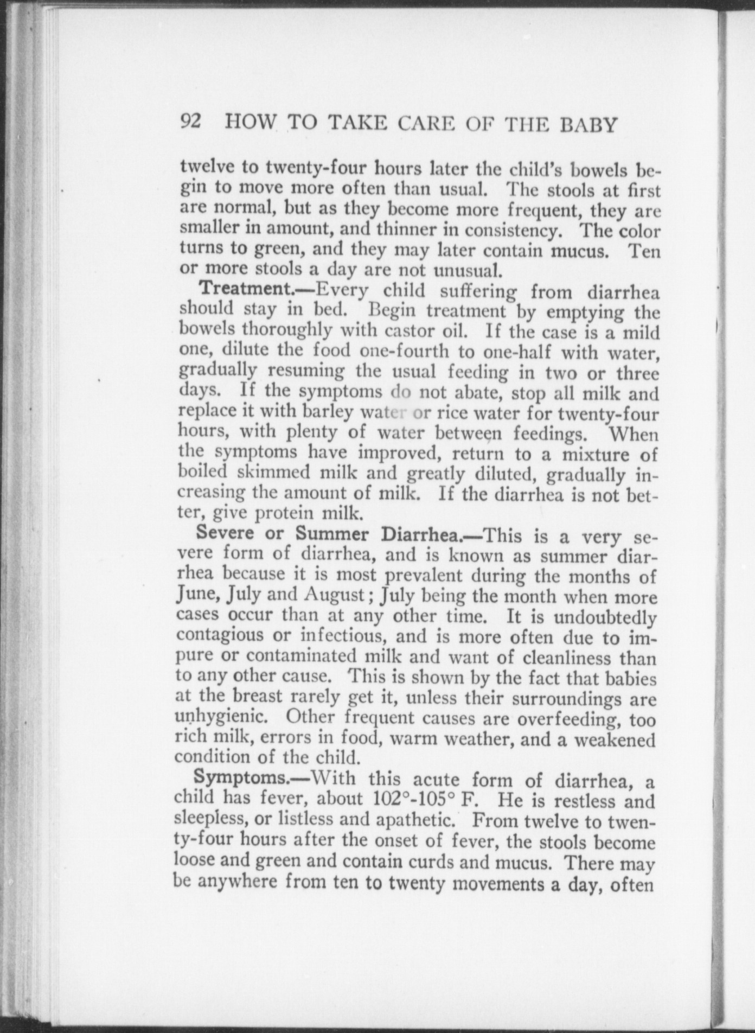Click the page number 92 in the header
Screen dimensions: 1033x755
191,122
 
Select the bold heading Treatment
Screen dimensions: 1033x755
246,289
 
